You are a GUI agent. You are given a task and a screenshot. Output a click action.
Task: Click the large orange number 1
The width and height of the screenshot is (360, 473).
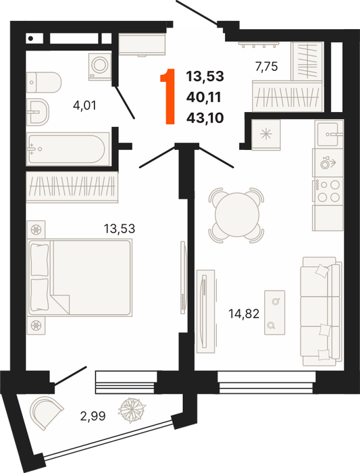point(169,97)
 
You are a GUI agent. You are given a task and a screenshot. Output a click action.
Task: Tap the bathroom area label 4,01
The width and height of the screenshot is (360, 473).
point(84,105)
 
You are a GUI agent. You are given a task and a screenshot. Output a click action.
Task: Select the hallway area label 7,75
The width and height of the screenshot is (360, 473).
point(266,66)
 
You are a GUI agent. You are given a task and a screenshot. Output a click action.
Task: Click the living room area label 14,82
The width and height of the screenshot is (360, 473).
point(244,314)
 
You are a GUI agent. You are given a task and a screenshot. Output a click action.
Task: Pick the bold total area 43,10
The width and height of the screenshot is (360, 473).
point(205,118)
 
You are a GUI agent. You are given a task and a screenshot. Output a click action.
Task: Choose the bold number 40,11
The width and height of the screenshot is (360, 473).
point(204,97)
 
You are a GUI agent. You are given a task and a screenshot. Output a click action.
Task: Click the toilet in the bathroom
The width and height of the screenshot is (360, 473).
point(44,82)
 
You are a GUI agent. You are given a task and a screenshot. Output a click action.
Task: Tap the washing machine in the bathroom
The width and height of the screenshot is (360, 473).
point(100,67)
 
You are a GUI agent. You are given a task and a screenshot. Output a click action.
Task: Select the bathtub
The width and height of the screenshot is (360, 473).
point(68,149)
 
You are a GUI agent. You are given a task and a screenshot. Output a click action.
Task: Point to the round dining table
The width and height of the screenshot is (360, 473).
point(237,215)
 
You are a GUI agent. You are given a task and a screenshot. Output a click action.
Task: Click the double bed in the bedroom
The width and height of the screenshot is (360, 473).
point(80,278)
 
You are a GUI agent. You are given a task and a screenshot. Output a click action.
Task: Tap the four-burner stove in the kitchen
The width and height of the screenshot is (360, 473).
point(328,191)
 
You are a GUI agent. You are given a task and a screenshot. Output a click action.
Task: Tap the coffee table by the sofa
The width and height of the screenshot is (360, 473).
point(275,312)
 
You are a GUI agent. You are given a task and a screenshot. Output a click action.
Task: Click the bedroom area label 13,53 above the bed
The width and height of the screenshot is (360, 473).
point(120,228)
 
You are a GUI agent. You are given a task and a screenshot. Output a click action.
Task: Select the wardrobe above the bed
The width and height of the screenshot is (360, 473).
point(72,187)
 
